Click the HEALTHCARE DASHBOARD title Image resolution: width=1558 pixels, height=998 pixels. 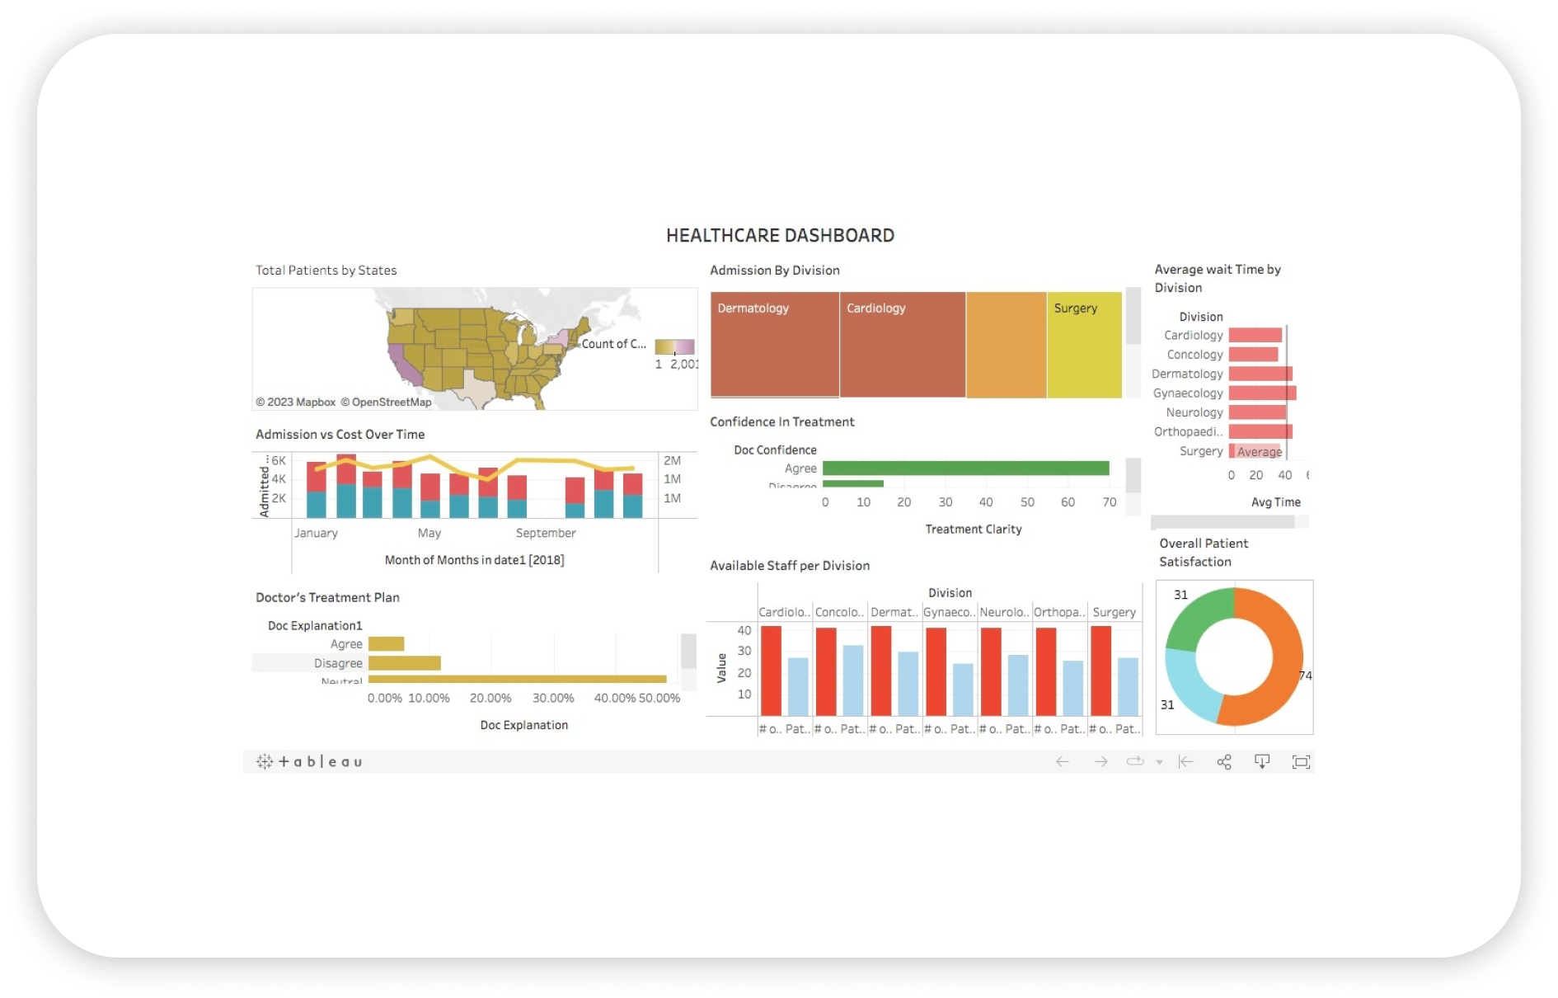coord(780,236)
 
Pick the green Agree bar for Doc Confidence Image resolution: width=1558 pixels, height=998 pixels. coord(965,468)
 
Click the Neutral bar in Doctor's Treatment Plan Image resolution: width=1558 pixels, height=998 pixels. coord(517,680)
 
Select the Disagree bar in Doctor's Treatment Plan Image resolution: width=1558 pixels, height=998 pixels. coord(404,663)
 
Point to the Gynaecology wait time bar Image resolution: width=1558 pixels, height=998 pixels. coord(1262,393)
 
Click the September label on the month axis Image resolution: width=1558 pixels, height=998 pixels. coord(546,534)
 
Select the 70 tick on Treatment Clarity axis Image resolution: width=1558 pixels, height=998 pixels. coord(1110,502)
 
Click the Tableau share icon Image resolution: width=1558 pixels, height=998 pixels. coord(1224,762)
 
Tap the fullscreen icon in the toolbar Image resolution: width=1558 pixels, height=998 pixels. coord(1301,762)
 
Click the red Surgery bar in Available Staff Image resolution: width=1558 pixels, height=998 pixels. coord(1100,671)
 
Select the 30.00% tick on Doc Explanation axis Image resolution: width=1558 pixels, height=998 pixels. coord(553,699)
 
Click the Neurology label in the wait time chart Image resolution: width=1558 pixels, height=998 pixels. coord(1194,412)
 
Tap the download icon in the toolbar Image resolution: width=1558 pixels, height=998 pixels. coord(1262,762)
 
